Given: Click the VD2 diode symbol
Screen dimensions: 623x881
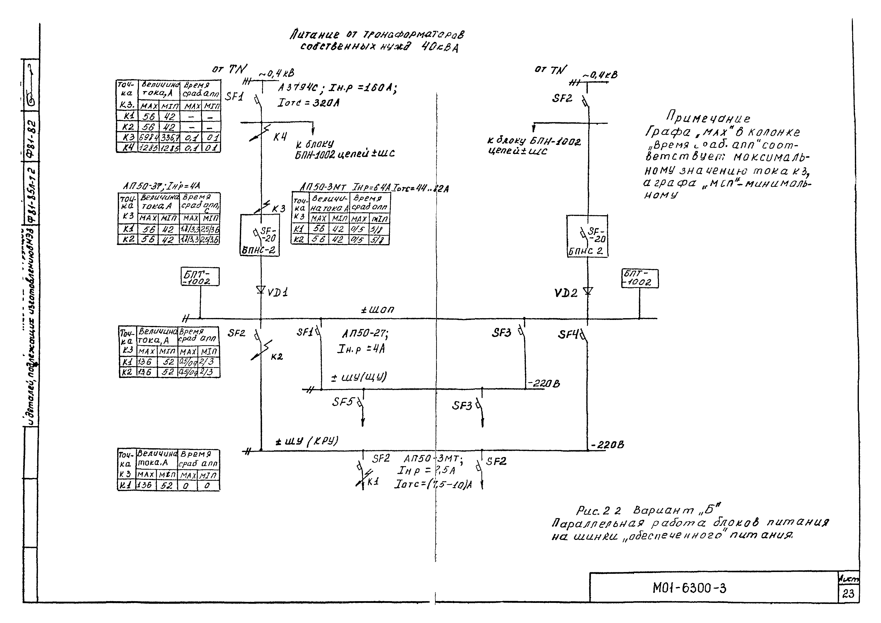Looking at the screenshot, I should [x=588, y=292].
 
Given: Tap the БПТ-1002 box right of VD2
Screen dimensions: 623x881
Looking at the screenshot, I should [x=639, y=278].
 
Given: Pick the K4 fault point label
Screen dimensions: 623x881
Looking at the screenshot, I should [x=280, y=137].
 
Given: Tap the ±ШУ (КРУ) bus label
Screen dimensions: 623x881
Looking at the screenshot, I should [x=307, y=441].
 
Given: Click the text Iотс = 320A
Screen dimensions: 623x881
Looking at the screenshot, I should [x=308, y=103].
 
